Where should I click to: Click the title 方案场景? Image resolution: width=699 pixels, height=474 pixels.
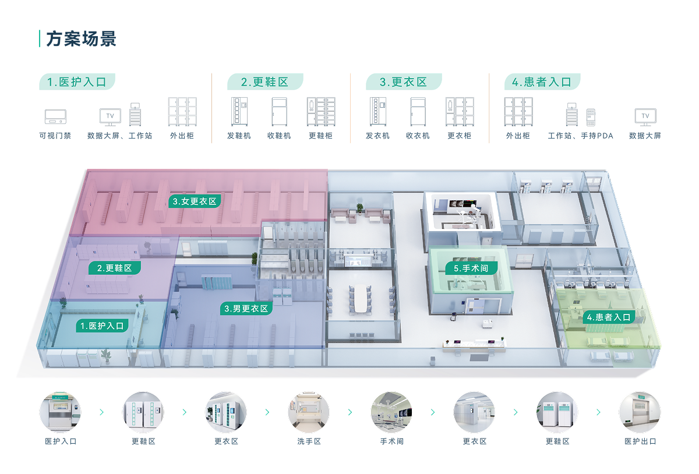pos(81,39)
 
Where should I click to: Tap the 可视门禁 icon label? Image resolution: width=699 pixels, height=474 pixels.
pos(55,136)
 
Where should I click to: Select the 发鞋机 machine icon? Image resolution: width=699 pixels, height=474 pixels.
pos(239,111)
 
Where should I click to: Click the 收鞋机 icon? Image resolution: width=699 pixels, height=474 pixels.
pos(279,111)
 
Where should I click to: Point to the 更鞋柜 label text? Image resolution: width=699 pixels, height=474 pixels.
pos(320,136)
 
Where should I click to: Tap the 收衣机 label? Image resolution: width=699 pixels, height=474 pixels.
pos(418,136)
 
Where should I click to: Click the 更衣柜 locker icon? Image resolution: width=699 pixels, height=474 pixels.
pos(459,111)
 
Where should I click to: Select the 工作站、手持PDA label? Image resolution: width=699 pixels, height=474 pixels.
pos(581,136)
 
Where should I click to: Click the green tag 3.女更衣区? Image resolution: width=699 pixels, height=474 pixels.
pos(195,201)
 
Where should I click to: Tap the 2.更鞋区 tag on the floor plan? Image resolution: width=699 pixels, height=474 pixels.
pos(115,268)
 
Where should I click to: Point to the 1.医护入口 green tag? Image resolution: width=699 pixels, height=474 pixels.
pos(102,326)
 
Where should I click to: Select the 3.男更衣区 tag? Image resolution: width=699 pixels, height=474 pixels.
pos(246,309)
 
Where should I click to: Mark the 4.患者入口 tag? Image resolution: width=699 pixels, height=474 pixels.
pos(608,317)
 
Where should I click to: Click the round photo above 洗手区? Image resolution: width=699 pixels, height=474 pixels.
pos(309,412)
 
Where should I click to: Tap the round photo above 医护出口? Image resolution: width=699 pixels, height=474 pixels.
pos(640,412)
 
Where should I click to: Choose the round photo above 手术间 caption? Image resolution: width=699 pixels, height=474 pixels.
pos(391,412)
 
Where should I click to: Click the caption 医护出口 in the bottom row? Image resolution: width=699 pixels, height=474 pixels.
pos(640,441)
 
